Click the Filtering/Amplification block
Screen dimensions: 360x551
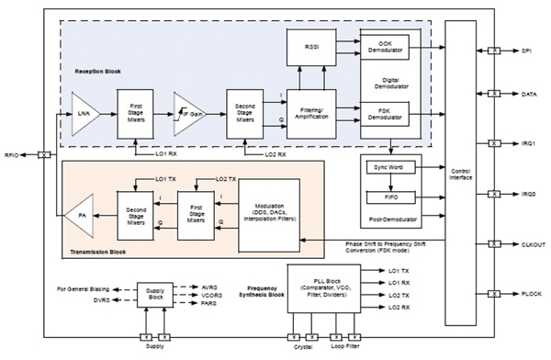pos(311,115)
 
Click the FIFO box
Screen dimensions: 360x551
pos(388,197)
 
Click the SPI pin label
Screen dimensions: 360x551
pos(527,51)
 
